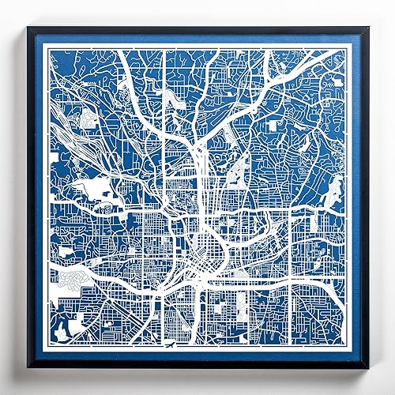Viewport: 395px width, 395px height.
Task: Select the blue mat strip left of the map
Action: pyautogui.click(x=39, y=197)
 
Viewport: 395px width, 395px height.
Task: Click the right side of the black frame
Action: pyautogui.click(x=366, y=197)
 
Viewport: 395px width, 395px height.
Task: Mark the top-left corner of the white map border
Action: pyautogui.click(x=45, y=46)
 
